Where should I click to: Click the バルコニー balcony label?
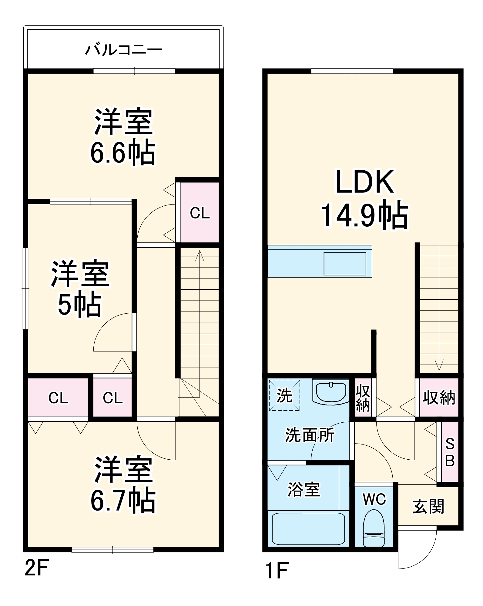tap(123, 50)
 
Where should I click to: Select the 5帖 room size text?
tap(79, 305)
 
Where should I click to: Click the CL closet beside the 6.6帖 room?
tap(200, 213)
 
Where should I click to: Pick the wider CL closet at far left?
tap(58, 398)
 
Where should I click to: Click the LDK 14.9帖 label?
tap(364, 198)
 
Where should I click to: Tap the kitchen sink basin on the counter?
tap(345, 263)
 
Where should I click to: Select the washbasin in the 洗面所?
tap(331, 392)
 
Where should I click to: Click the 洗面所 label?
tap(310, 435)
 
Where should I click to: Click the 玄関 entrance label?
tap(428, 506)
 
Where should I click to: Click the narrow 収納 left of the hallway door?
tap(363, 398)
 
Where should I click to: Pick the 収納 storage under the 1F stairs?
tap(439, 398)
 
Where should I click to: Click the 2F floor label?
tap(37, 568)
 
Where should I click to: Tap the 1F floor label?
tap(276, 570)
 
